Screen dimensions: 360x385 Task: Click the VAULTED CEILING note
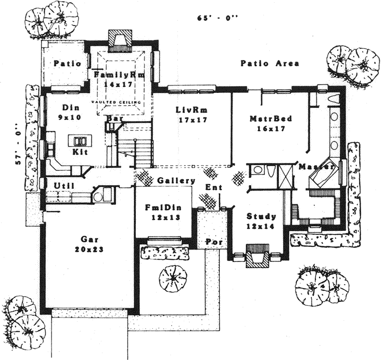tap(116, 102)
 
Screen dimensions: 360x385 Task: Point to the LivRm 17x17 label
tap(191, 115)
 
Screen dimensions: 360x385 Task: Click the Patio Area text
tap(269, 63)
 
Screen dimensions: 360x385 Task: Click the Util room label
tap(63, 185)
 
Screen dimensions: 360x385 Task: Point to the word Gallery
tap(176, 181)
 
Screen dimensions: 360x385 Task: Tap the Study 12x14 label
tap(261, 221)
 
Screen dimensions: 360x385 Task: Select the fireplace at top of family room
tap(119, 40)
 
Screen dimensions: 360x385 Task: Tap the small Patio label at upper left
tap(67, 64)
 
